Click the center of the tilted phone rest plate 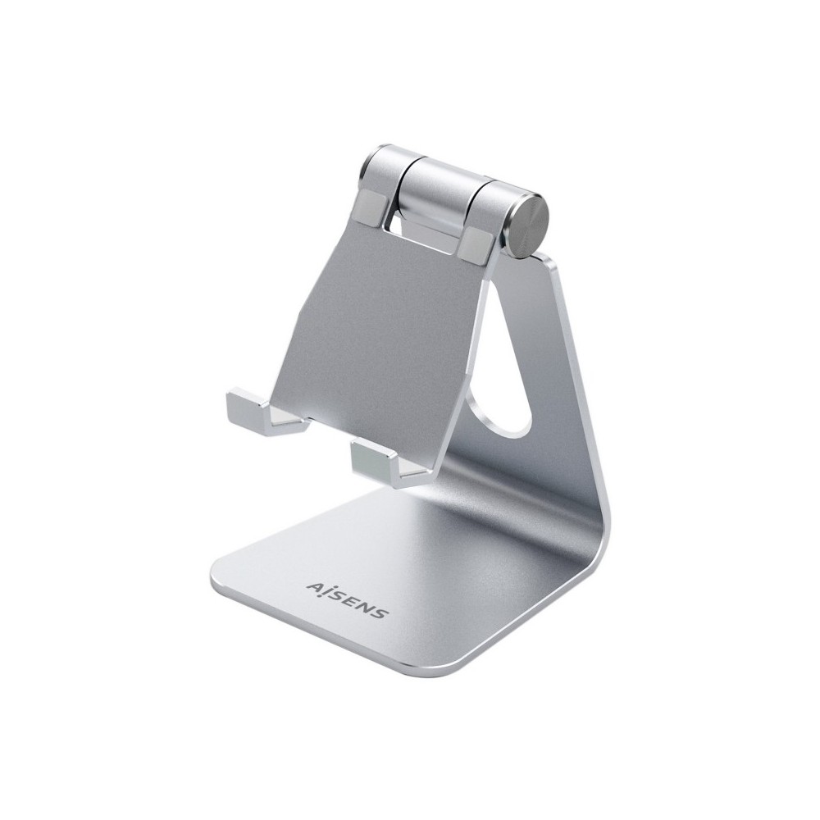click(377, 328)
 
